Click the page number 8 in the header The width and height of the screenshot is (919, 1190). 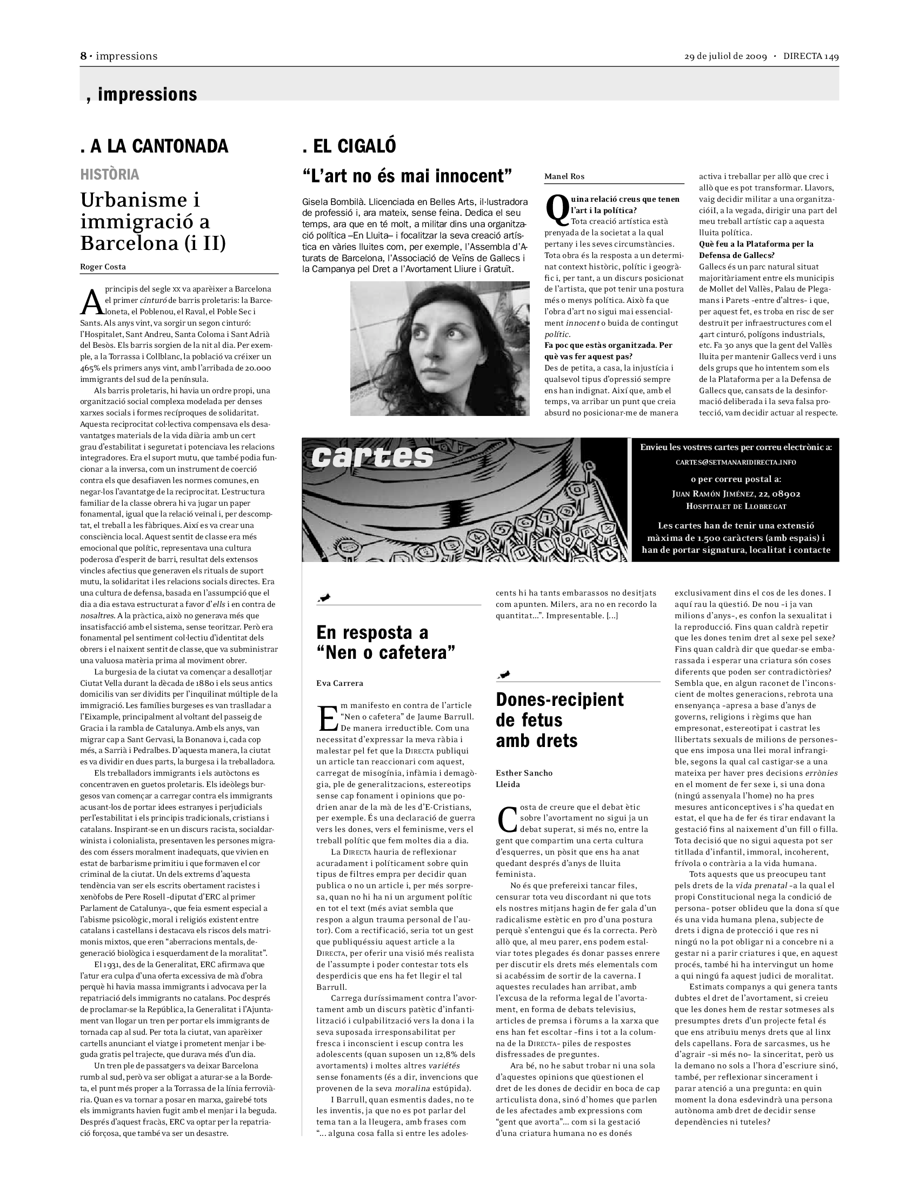click(83, 56)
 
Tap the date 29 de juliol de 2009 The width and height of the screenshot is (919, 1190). click(725, 57)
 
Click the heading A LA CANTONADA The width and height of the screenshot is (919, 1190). click(154, 146)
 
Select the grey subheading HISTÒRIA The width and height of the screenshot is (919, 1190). click(109, 175)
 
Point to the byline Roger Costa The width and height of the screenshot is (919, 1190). click(103, 267)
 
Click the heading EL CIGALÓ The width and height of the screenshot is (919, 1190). click(349, 146)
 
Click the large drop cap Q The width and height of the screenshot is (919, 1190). click(556, 209)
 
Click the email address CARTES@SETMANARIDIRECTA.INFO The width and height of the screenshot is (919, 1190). click(736, 462)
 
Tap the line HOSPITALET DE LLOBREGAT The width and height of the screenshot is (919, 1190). click(736, 506)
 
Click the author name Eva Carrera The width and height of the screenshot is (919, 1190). click(339, 683)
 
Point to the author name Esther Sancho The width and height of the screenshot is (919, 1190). click(524, 772)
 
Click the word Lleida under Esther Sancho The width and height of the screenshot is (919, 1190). click(508, 785)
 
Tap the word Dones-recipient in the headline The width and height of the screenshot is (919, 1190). click(560, 699)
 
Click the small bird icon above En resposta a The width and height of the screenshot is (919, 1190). click(324, 599)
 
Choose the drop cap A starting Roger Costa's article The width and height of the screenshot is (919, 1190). click(91, 301)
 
